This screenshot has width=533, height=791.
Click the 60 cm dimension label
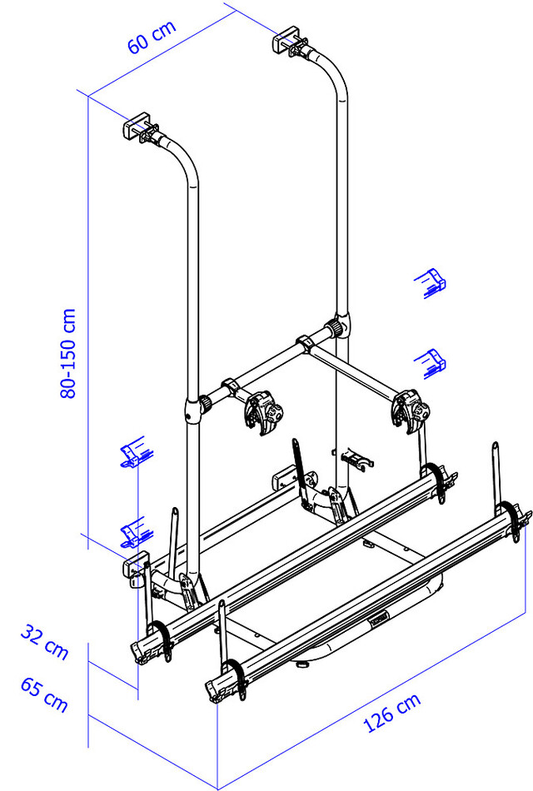point(152,37)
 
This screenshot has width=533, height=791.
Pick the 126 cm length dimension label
point(392,714)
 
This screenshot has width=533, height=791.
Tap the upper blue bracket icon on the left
point(133,454)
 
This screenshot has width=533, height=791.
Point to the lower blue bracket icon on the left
point(133,530)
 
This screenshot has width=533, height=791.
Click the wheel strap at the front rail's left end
point(234,674)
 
